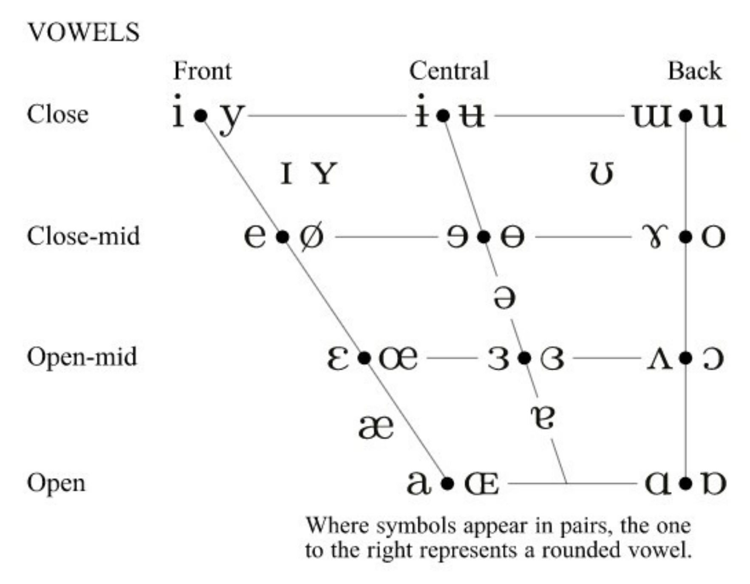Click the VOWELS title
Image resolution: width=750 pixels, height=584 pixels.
click(83, 32)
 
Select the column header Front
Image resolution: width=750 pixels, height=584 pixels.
click(202, 71)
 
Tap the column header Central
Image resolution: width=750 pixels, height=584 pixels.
click(449, 71)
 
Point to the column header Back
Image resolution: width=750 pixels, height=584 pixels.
click(694, 71)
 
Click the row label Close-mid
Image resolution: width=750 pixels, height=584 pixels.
click(83, 236)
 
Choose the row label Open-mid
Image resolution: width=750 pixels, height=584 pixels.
click(82, 357)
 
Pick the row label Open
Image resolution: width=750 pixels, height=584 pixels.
click(56, 483)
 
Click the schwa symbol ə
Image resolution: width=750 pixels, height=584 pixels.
click(505, 297)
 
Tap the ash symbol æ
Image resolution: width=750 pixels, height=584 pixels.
click(376, 427)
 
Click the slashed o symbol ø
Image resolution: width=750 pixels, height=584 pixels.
click(311, 236)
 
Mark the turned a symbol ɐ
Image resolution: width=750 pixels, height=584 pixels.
click(543, 417)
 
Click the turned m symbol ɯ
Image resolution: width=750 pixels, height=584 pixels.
click(652, 116)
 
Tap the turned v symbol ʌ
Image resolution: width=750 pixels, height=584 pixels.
click(659, 359)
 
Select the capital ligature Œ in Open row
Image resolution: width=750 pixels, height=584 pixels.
click(482, 483)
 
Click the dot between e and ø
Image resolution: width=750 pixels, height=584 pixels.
click(283, 237)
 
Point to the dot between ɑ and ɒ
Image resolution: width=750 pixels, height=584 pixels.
click(685, 483)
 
